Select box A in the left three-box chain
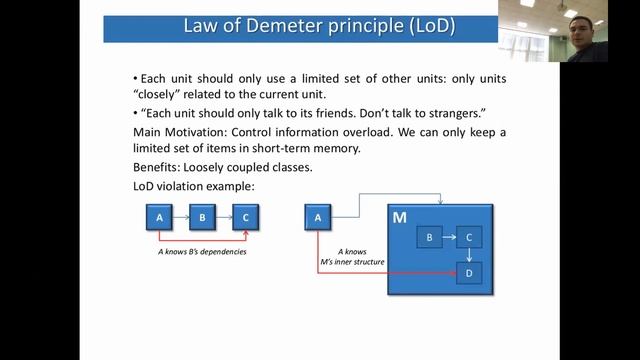pos(159,216)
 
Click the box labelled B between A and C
pos(202,216)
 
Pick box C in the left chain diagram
pos(246,216)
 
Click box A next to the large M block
pos(317,216)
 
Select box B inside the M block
pos(428,238)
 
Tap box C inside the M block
pos(469,238)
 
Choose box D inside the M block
pos(469,272)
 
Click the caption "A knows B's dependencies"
pos(202,252)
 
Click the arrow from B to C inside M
pos(448,238)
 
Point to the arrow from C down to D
pos(469,255)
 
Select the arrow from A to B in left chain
pos(180,216)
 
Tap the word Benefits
pos(156,167)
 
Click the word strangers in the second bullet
pos(460,112)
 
